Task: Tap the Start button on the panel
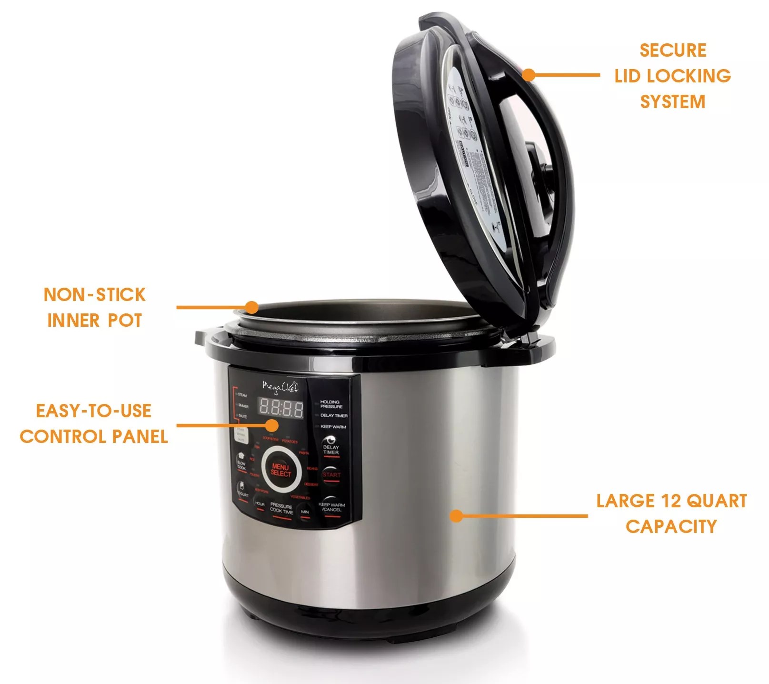click(331, 474)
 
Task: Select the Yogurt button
click(242, 491)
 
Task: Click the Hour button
click(260, 504)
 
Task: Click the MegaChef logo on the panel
click(280, 388)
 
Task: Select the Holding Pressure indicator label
click(331, 404)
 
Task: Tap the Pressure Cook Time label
click(281, 508)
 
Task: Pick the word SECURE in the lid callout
click(673, 50)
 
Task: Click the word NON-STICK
click(94, 294)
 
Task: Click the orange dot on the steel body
click(456, 515)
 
